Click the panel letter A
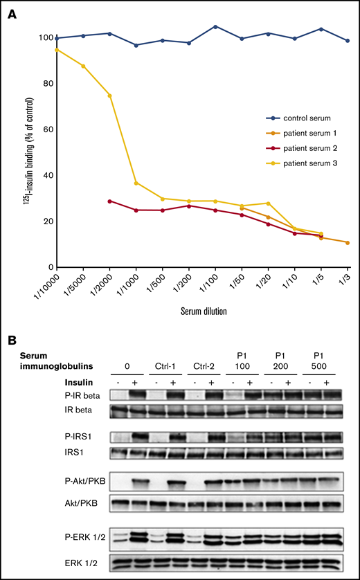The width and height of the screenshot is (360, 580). point(12,13)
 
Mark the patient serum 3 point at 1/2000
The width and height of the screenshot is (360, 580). point(109,96)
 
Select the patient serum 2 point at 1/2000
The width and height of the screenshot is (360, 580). point(109,201)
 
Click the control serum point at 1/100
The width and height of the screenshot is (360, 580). point(215,26)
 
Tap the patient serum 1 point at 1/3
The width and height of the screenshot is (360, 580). point(347,242)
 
